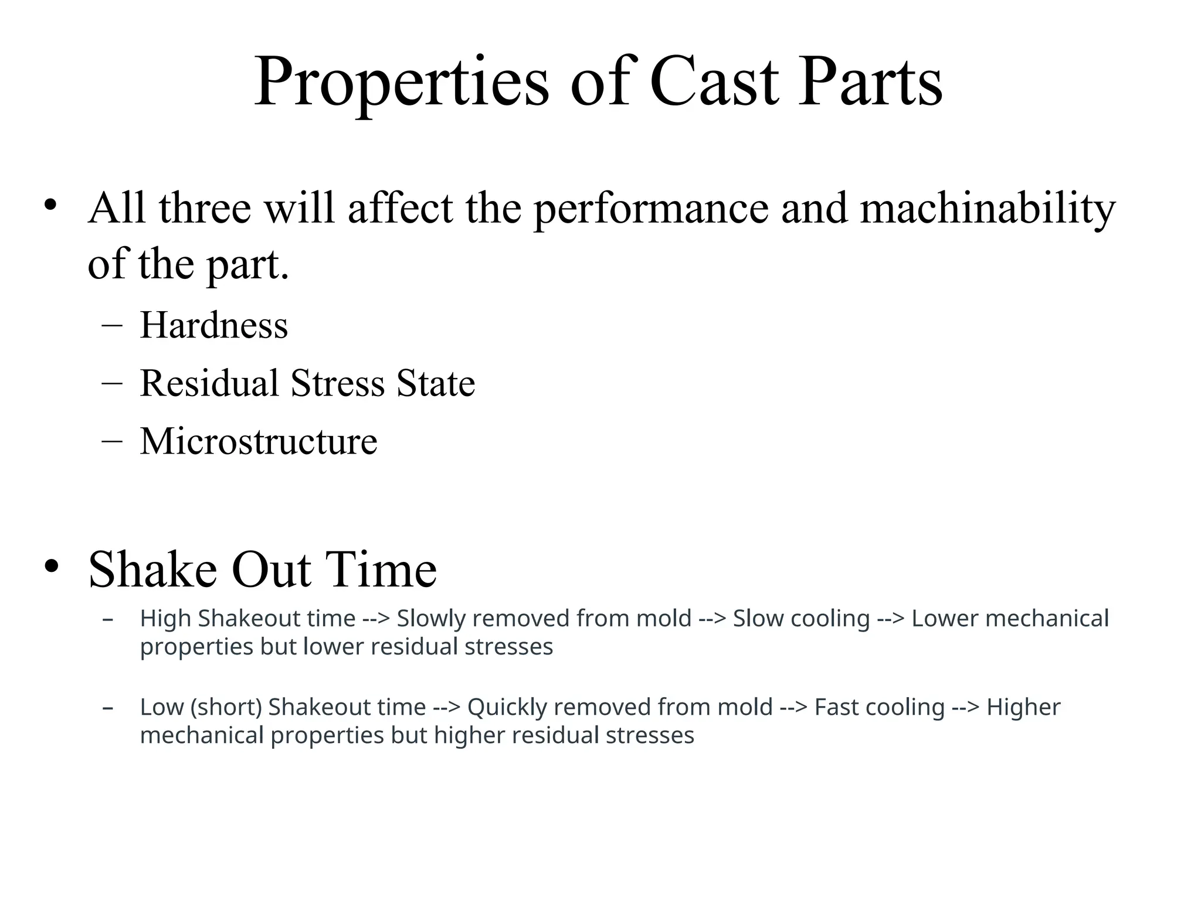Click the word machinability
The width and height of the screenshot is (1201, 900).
tap(988, 209)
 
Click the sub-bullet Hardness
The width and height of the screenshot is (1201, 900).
tap(214, 325)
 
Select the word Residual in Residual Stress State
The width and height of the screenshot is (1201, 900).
tap(209, 383)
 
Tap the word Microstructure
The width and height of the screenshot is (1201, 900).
tap(259, 441)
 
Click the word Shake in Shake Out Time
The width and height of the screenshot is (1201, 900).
tap(152, 570)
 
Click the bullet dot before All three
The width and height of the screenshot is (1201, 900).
tap(51, 205)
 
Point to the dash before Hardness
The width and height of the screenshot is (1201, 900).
tap(111, 325)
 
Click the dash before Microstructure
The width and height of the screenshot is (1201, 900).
tap(111, 441)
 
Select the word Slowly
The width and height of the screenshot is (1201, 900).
tap(430, 619)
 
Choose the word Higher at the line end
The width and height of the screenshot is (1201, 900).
tap(1023, 707)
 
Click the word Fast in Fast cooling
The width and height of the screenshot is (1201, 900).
tap(836, 707)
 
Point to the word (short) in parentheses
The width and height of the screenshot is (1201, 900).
tap(226, 707)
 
